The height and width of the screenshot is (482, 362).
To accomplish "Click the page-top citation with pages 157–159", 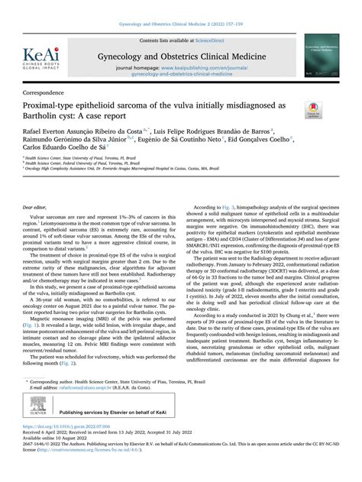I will (182, 11).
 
